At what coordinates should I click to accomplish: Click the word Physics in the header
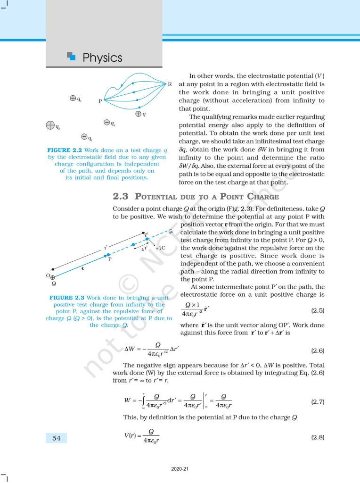[102, 58]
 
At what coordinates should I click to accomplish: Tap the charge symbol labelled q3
[73, 98]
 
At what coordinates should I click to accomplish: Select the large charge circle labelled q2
[50, 125]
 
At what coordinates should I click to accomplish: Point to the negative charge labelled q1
[84, 137]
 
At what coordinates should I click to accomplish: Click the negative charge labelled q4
[107, 123]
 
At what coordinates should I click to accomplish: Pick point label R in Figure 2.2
[170, 84]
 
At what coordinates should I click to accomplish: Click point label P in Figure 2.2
[100, 101]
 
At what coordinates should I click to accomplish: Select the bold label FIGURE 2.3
[65, 298]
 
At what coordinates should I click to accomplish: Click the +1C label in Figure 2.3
[160, 248]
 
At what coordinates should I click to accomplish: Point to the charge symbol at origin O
[53, 277]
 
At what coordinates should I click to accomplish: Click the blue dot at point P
[108, 255]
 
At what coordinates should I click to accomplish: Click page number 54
[56, 438]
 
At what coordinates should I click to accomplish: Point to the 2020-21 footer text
[180, 469]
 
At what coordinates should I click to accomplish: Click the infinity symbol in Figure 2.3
[171, 232]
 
